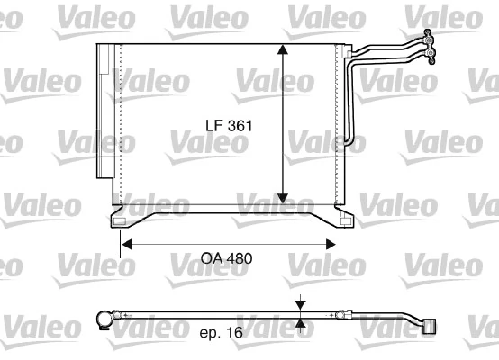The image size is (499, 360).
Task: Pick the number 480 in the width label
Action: point(239,258)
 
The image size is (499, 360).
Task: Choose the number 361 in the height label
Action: point(238,128)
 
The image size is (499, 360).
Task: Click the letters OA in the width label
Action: point(211,258)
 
